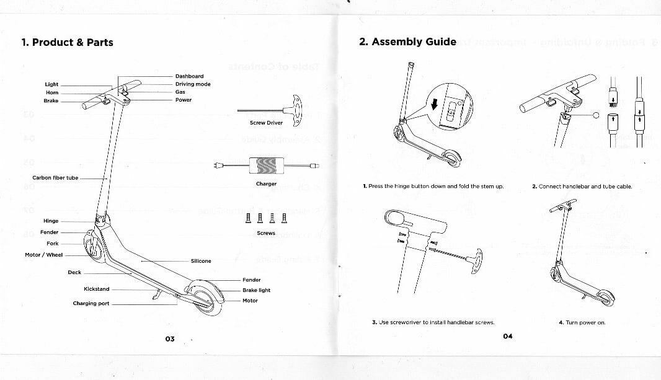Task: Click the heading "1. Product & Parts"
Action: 67,42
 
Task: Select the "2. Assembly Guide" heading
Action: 407,42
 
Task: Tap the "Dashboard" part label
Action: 189,76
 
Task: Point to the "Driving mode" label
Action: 193,84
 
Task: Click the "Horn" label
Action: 52,92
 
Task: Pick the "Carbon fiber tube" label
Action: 55,178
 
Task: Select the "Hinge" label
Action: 51,221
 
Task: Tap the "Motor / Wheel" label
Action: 43,255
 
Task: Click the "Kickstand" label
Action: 96,289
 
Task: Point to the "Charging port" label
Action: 91,304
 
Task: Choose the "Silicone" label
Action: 201,261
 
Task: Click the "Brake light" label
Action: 256,290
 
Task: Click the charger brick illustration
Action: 265,166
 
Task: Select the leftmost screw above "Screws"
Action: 249,218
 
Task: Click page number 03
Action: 169,338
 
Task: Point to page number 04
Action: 508,336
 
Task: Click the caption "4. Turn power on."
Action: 582,322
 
